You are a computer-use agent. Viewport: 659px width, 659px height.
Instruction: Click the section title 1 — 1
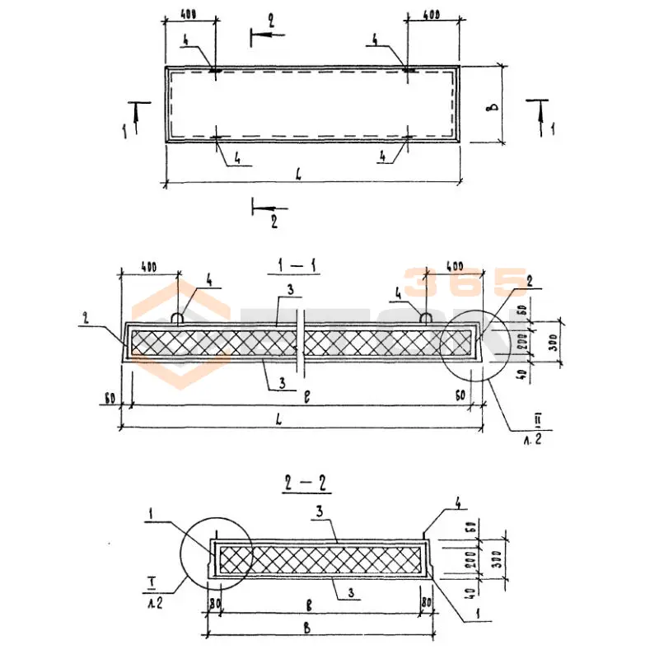pos(291,268)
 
